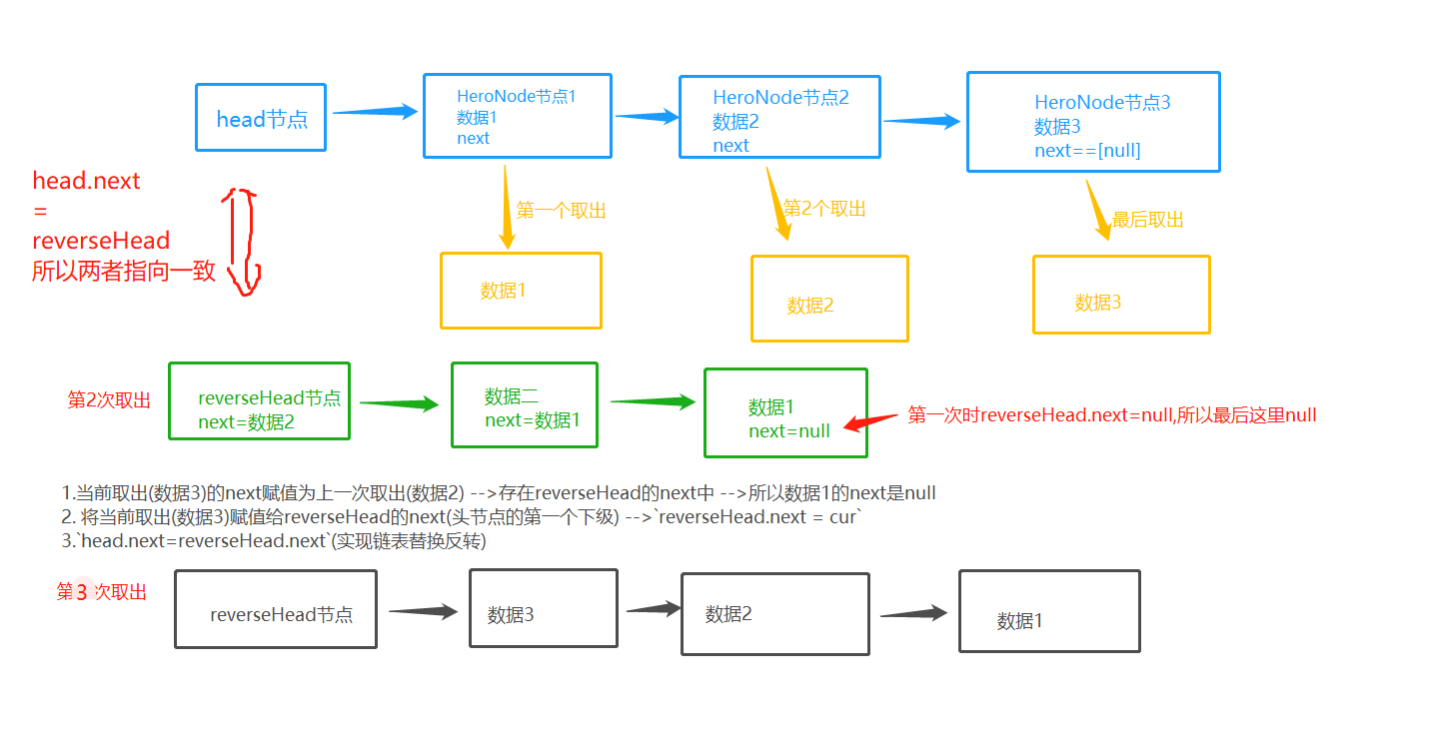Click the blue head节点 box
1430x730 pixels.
point(261,117)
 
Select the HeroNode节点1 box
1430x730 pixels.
point(517,116)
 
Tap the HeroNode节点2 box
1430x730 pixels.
point(779,117)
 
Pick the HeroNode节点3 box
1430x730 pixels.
point(1093,122)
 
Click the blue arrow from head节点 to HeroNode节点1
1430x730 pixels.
point(374,112)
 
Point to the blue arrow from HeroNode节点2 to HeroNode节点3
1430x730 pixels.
point(921,121)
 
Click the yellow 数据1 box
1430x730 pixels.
point(521,290)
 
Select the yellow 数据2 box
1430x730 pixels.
point(829,298)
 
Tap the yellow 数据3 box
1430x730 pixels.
point(1121,294)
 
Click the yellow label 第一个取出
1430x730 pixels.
point(561,211)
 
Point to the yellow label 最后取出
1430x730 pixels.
point(1147,220)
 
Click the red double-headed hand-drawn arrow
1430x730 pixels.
point(242,242)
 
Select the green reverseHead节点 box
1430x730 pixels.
point(259,400)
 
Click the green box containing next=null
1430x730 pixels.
point(785,412)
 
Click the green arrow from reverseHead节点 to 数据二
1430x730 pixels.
point(399,403)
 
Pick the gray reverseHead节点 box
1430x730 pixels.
point(276,609)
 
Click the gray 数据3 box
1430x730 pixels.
point(543,608)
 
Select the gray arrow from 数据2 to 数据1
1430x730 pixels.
point(913,613)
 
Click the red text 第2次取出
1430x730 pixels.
point(109,400)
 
